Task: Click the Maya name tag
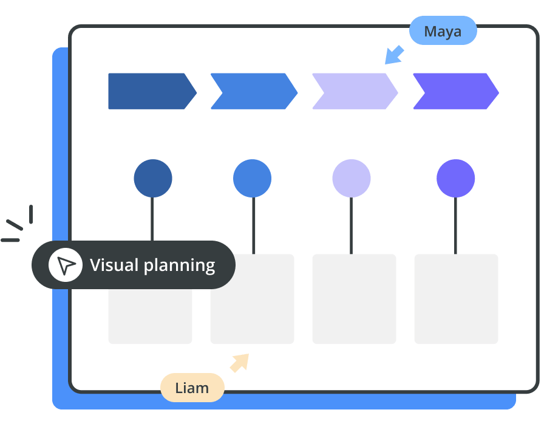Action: pos(443,31)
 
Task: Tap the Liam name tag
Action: pos(192,388)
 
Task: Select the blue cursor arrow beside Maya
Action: pos(394,55)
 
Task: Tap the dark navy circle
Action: pos(153,179)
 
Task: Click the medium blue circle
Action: pos(252,179)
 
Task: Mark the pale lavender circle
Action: pos(352,179)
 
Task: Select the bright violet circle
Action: pos(455,179)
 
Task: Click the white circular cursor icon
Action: pos(66,265)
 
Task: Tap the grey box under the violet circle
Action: pos(456,299)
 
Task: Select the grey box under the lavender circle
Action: pos(354,299)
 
